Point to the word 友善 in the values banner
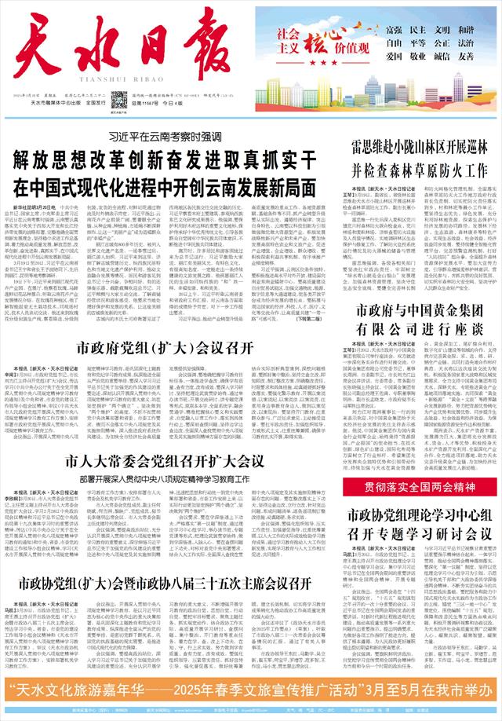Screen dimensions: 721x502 [x=466, y=57]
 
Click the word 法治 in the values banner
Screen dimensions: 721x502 [x=466, y=43]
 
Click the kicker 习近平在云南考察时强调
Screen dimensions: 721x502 [x=166, y=137]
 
